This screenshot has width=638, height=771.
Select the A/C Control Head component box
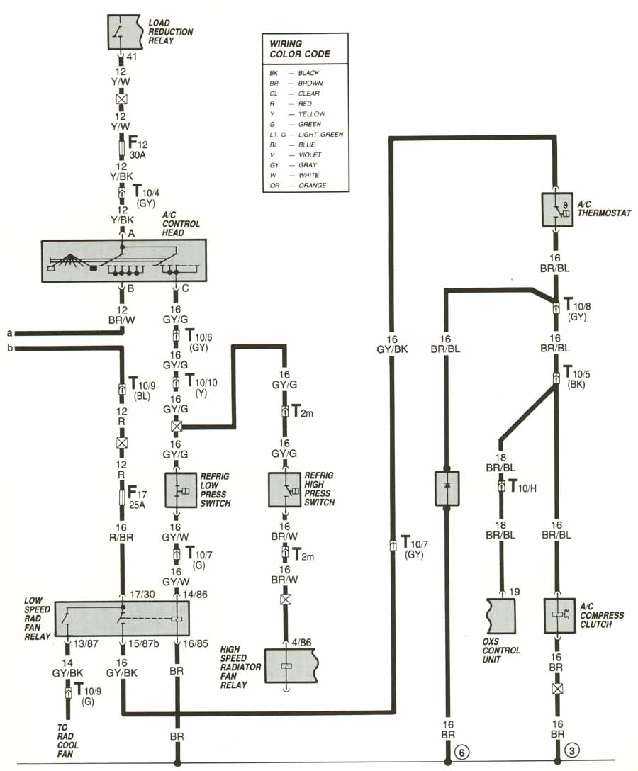(x=124, y=261)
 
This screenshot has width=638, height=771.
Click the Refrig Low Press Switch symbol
(x=181, y=490)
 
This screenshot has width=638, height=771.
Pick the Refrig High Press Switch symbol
(x=285, y=490)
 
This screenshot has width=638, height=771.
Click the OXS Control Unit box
(x=501, y=616)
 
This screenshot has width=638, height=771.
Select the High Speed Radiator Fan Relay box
(x=289, y=665)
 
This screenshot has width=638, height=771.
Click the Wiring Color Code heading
(x=299, y=49)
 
